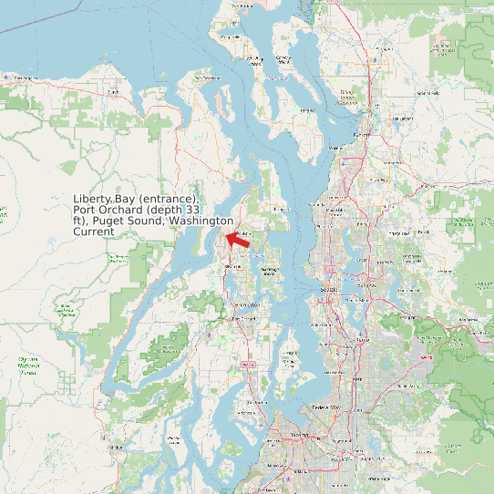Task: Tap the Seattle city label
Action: point(329,289)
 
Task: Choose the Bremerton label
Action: point(245,318)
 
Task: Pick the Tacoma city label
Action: point(301,437)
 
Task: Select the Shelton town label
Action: point(116,448)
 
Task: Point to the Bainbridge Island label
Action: point(269,270)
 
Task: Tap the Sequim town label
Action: point(113,92)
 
